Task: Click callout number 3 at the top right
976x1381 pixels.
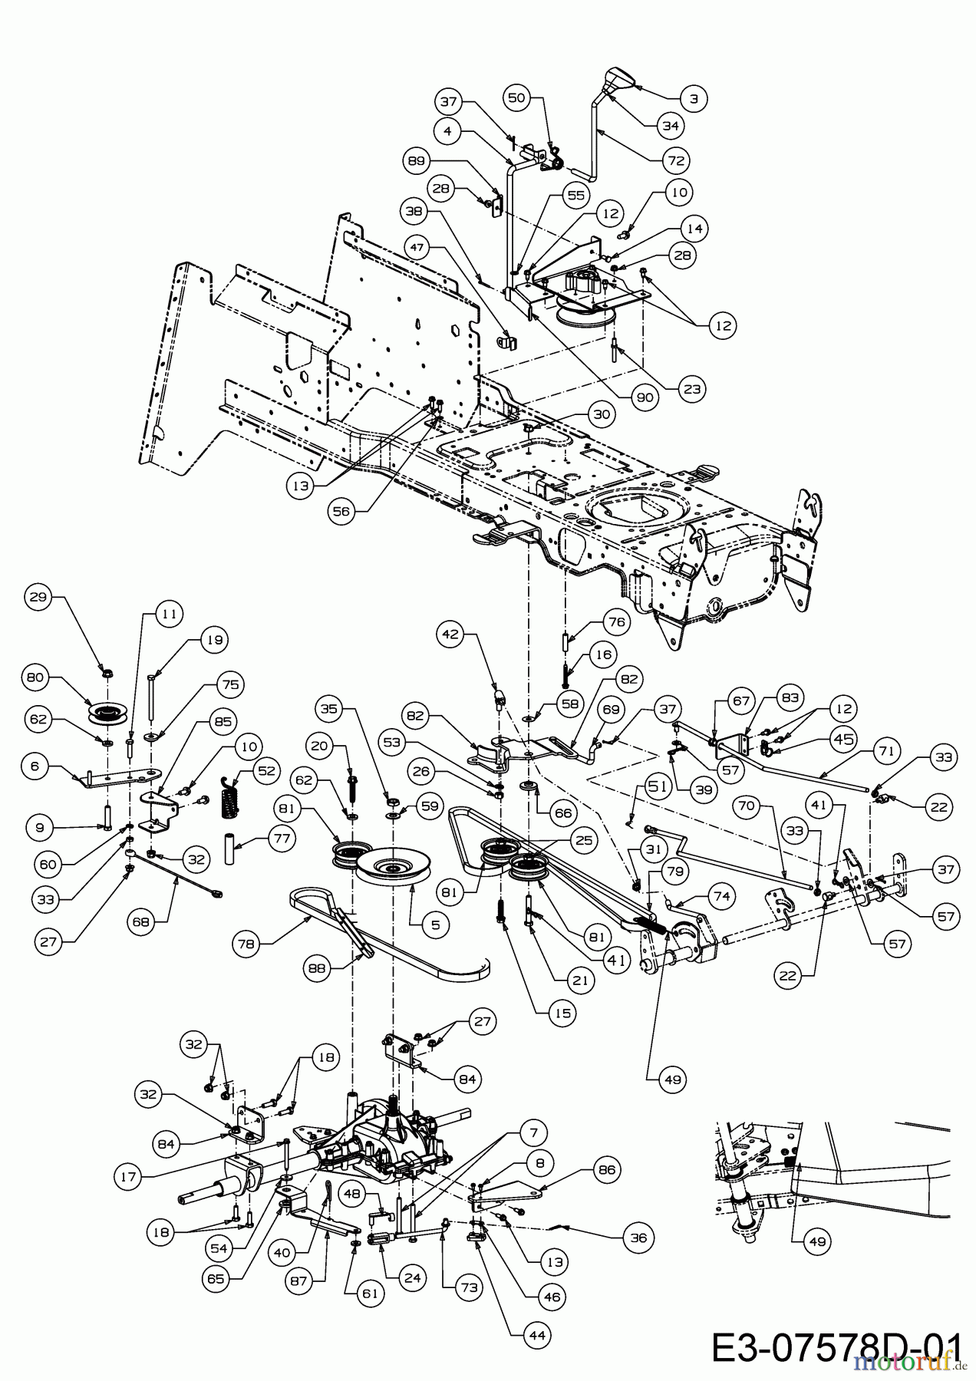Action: click(694, 98)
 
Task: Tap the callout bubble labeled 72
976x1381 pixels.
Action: click(676, 160)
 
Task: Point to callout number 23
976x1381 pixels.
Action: click(692, 389)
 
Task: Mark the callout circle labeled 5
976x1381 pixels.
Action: click(435, 925)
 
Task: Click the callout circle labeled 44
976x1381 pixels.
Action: click(537, 1337)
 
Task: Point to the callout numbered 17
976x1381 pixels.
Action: click(133, 1174)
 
